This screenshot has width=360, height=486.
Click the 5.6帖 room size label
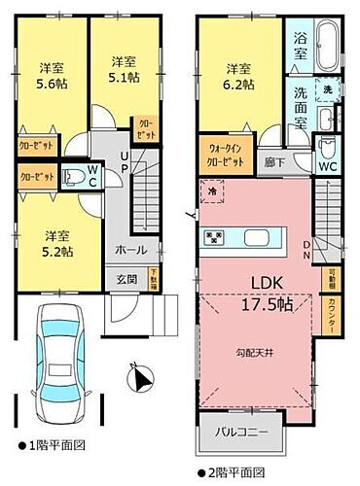pyautogui.click(x=52, y=84)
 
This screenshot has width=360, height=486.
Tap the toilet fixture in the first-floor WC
pyautogui.click(x=74, y=177)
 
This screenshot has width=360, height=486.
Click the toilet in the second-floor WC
pyautogui.click(x=329, y=151)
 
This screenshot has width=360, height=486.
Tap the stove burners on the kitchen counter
pyautogui.click(x=214, y=237)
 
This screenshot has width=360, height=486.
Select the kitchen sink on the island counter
pyautogui.click(x=258, y=238)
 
